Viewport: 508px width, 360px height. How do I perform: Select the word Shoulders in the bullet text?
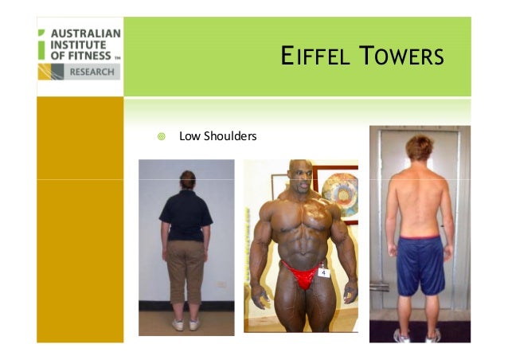229,136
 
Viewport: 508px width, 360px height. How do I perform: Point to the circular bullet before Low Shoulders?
161,136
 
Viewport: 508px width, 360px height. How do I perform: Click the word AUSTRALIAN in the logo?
85,34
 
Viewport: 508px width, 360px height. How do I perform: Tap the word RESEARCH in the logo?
92,72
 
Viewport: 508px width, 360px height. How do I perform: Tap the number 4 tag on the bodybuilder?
323,272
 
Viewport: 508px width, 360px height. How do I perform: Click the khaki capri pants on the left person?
186,272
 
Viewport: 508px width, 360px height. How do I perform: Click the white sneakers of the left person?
186,324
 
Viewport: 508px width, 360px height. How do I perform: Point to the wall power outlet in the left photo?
223,284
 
